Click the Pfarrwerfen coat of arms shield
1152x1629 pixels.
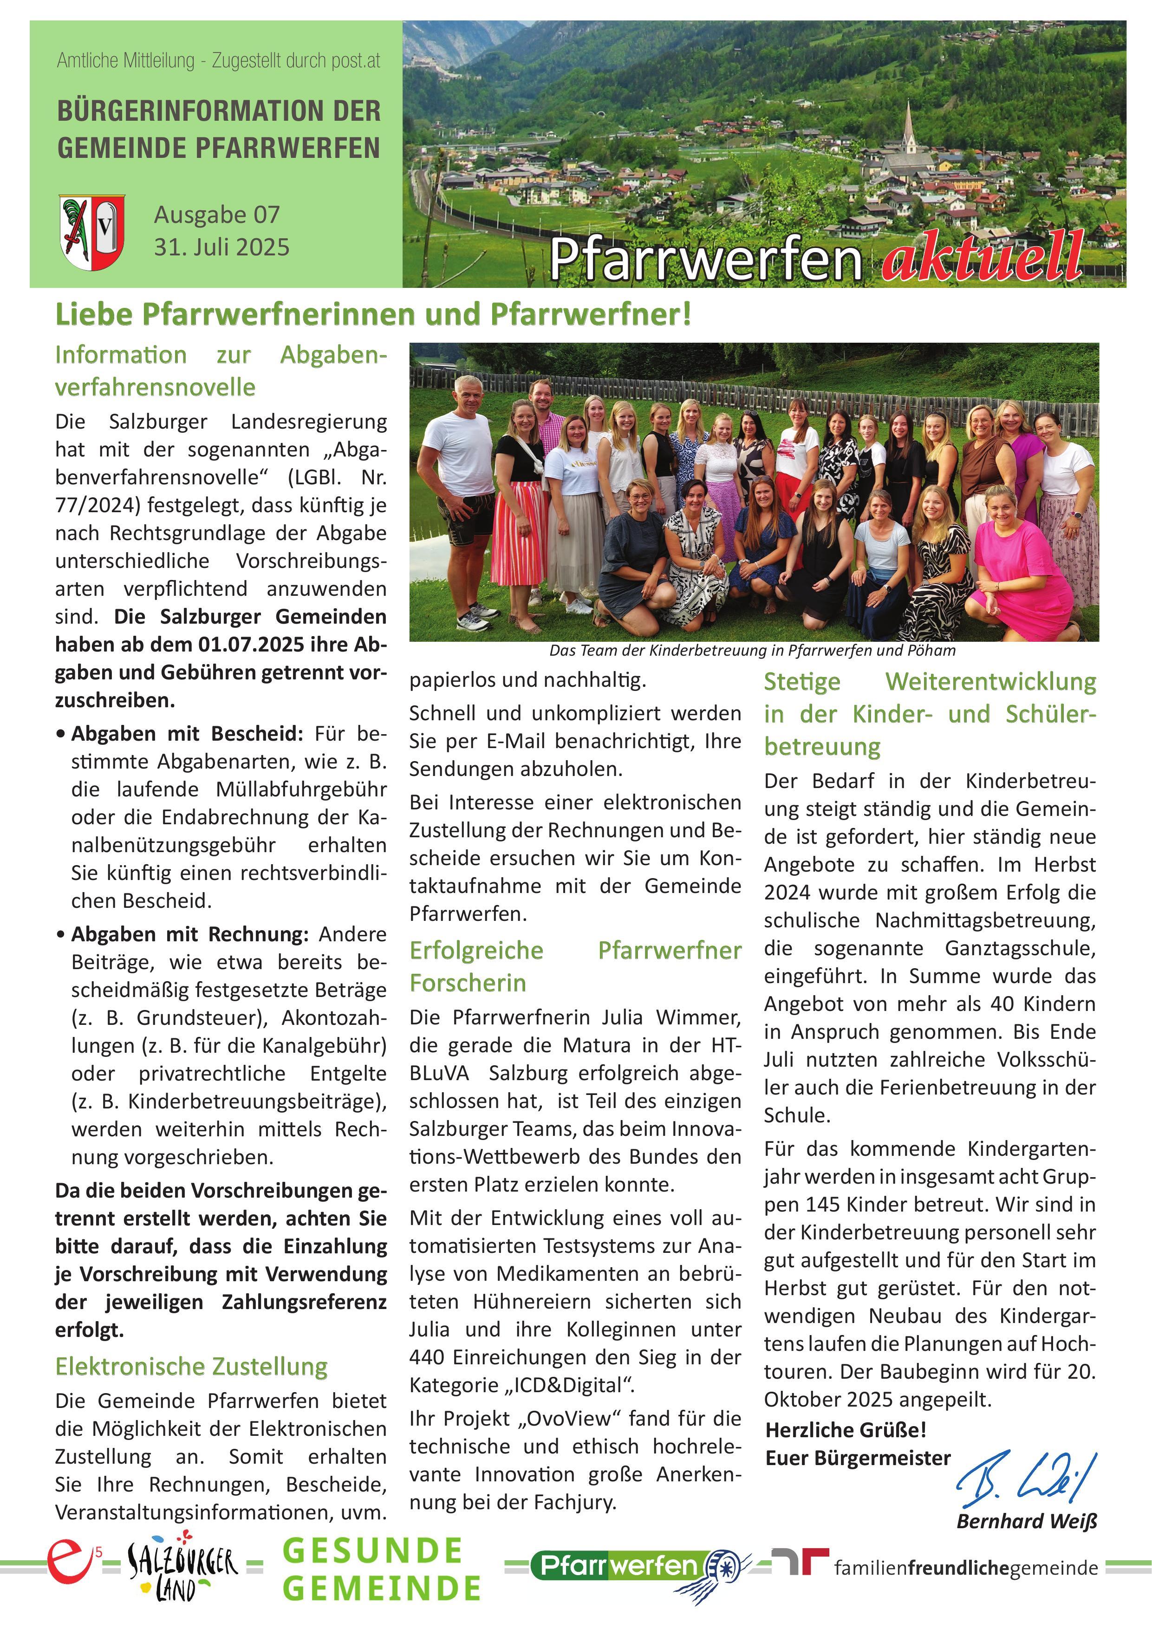[x=92, y=231]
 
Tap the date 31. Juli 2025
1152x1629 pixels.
[x=221, y=247]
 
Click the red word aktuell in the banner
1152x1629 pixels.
[x=983, y=257]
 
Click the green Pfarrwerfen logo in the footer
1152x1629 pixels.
[x=631, y=1567]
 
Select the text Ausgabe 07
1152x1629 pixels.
[x=216, y=214]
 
